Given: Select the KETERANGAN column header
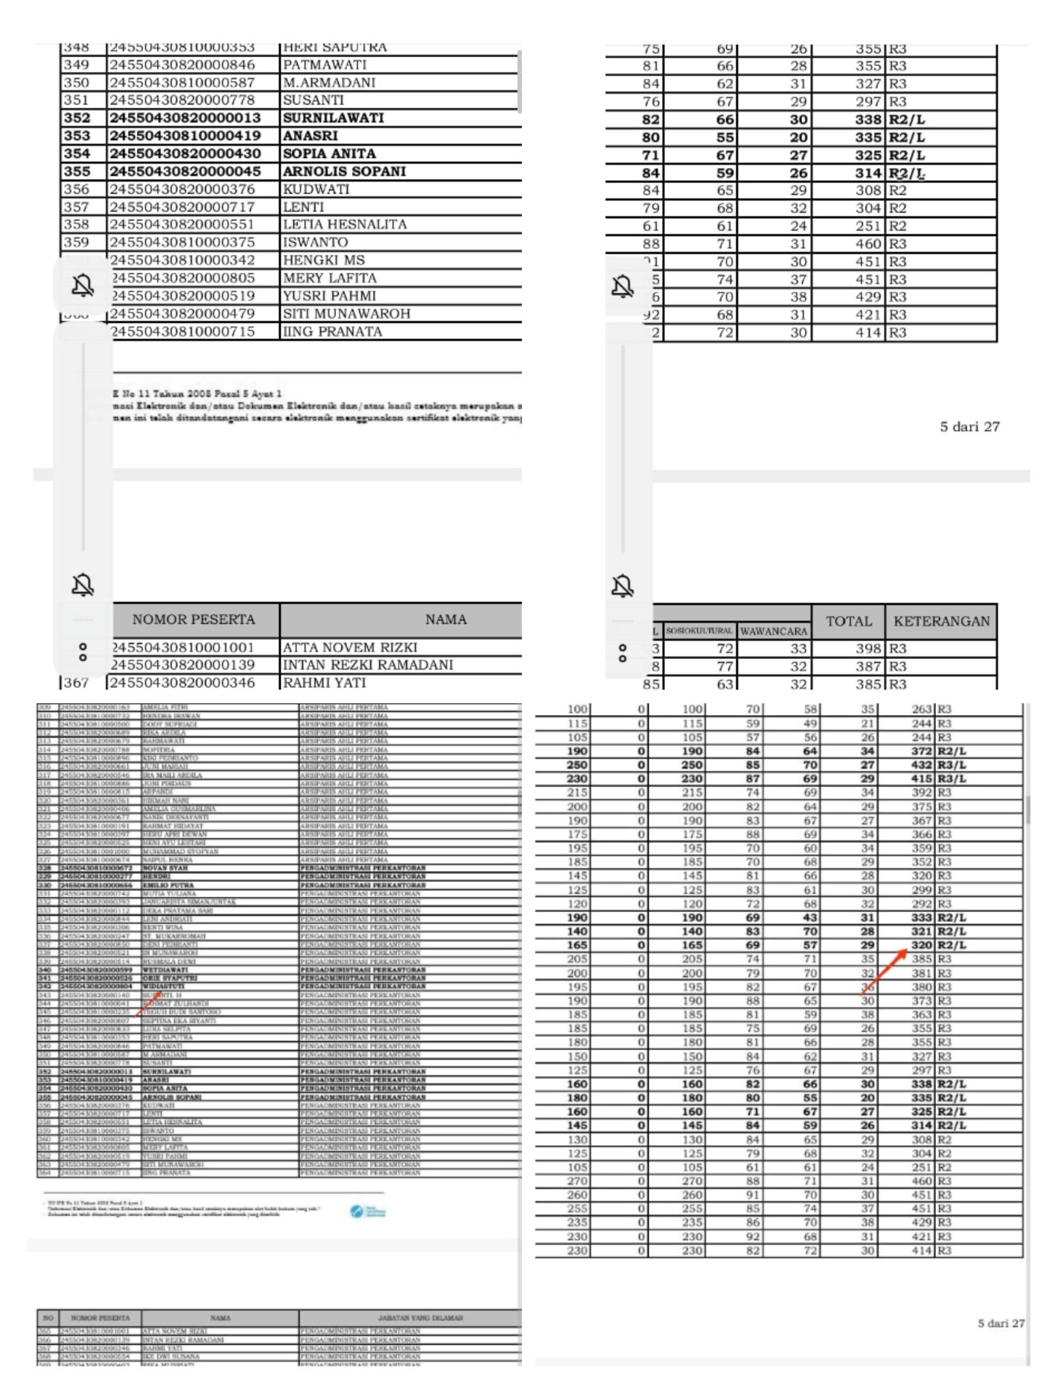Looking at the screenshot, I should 941,621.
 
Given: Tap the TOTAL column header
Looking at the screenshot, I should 848,621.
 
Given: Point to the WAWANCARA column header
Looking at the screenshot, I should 773,631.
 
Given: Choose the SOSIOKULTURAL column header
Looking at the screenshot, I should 699,631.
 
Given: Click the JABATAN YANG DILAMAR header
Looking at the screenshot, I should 410,1318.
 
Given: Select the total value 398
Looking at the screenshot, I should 868,649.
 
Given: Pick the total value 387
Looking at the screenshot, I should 868,667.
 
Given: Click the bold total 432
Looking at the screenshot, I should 921,765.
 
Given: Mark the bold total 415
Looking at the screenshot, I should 921,779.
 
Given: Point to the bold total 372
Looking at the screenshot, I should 921,751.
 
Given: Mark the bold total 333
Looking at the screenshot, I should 921,918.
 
